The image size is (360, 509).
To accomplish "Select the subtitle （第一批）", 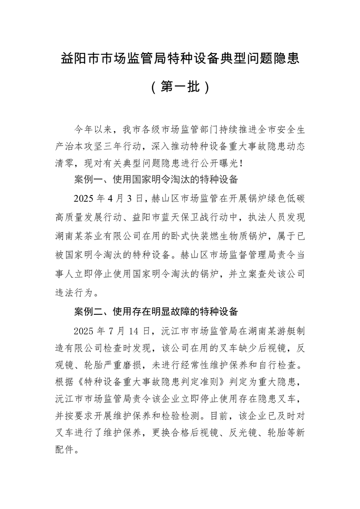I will coord(180,87).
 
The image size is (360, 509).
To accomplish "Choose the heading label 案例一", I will coord(85,180).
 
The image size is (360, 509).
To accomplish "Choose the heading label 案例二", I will coord(85,312).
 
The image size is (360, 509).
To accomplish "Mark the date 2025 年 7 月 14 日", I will coord(113,329).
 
